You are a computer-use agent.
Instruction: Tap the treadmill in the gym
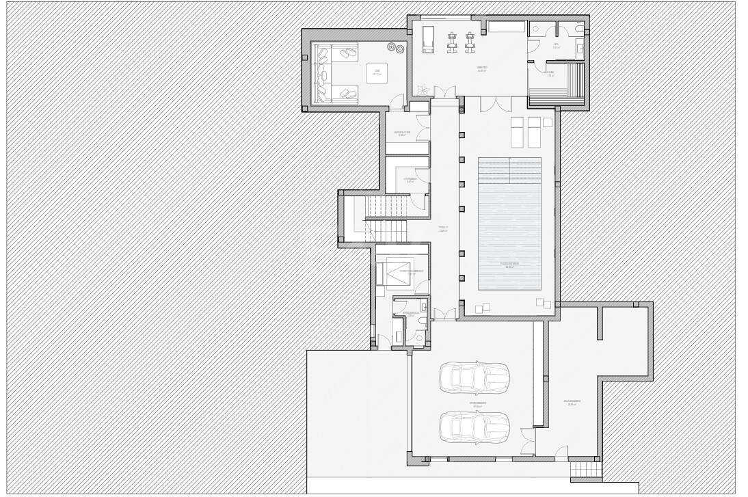[428, 39]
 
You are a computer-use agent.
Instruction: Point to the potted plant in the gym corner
[423, 89]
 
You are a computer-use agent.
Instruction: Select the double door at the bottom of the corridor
[446, 313]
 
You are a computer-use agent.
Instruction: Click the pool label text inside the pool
[509, 265]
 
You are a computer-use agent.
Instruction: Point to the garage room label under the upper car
[477, 403]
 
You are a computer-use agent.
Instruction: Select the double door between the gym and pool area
[494, 103]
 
